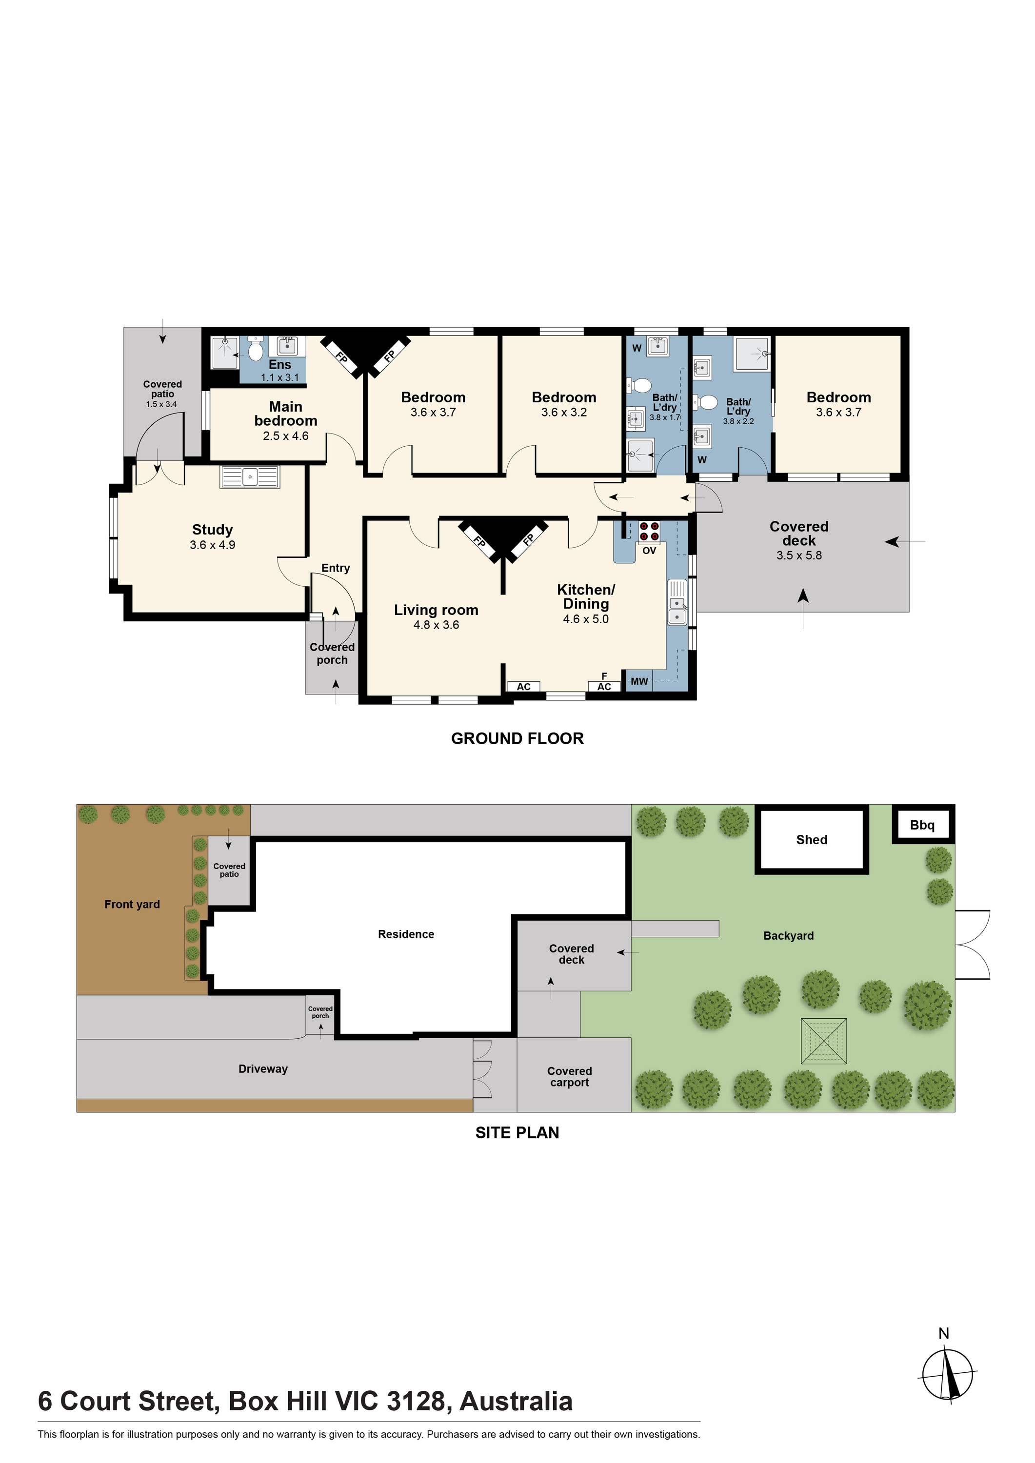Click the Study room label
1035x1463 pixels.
click(212, 530)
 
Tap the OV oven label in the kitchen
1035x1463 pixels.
click(649, 551)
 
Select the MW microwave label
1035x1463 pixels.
click(639, 681)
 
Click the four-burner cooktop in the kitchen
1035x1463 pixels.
click(649, 532)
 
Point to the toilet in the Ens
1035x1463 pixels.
click(256, 350)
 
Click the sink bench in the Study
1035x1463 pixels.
click(250, 476)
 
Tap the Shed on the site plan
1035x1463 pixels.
click(811, 839)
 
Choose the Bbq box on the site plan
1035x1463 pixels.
click(922, 825)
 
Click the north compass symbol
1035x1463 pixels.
click(948, 1373)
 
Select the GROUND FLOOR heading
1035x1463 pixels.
click(517, 738)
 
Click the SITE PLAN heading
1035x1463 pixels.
click(517, 1132)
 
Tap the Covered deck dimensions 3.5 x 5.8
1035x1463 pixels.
click(799, 555)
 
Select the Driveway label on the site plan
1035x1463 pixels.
click(263, 1068)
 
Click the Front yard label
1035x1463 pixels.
click(132, 904)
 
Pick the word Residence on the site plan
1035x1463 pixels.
click(406, 934)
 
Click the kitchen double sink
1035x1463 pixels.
click(677, 603)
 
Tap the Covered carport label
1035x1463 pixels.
click(570, 1076)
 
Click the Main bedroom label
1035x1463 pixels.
click(285, 414)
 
